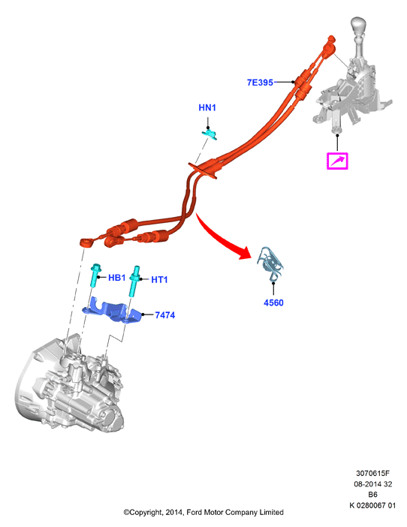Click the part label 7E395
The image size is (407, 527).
tap(260, 83)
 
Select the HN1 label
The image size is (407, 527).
tap(207, 107)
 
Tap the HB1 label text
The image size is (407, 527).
tap(116, 278)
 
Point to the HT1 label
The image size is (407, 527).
tap(159, 279)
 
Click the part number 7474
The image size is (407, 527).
tap(164, 315)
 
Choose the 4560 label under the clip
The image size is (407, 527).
tap(273, 303)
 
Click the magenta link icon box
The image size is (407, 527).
tap(337, 161)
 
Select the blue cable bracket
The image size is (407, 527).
tap(112, 310)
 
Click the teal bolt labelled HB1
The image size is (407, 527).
tap(95, 275)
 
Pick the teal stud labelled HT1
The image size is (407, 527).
tap(134, 281)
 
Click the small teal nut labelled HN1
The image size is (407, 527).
tap(210, 134)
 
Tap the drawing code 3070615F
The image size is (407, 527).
tap(372, 473)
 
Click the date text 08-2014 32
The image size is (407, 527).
tap(372, 484)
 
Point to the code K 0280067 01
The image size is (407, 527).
tap(372, 505)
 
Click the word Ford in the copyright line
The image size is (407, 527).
tap(193, 512)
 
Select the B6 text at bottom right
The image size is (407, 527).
tap(372, 495)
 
